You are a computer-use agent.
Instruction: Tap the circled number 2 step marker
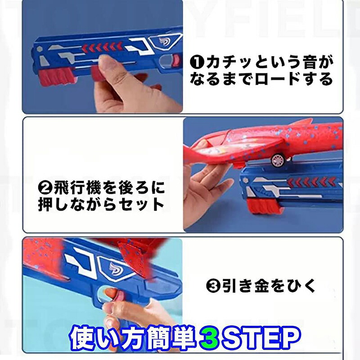45,188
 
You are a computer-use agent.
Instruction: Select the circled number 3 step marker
213,286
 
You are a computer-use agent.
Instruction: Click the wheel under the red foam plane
278,160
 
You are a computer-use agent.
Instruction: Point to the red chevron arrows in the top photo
103,47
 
